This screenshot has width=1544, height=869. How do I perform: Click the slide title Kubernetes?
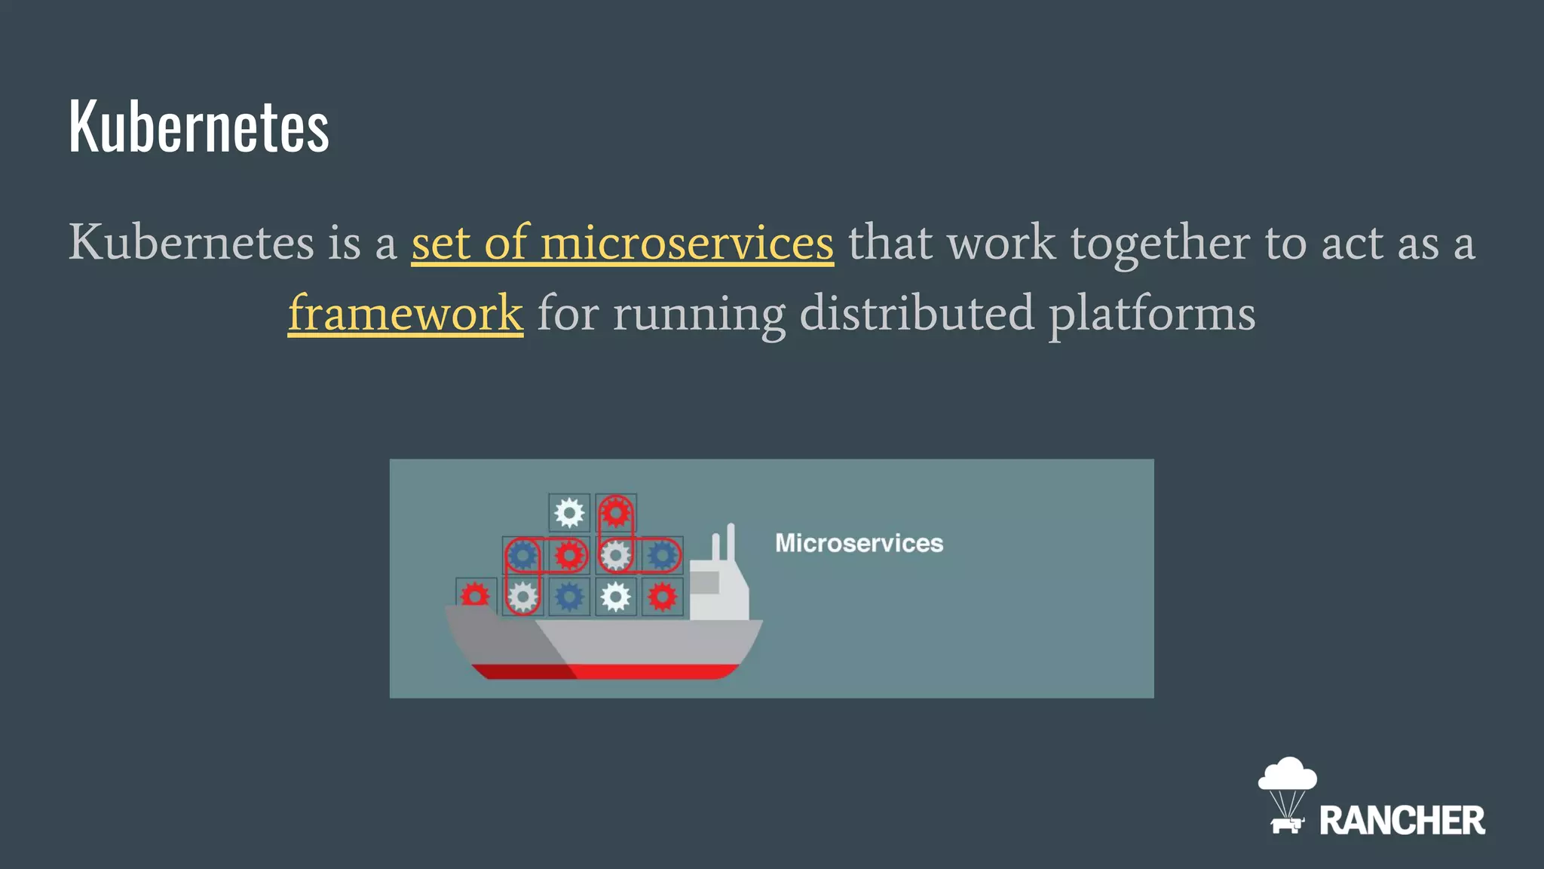coord(199,126)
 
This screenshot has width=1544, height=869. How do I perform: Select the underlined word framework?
coord(406,313)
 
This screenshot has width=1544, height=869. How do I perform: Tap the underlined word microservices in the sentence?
coord(687,243)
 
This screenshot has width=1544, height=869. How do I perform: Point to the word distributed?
coord(917,313)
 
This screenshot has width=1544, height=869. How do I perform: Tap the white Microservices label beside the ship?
coord(859,543)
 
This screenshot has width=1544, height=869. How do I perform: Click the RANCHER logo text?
coord(1402,821)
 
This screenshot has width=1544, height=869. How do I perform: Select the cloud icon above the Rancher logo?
coord(1288,775)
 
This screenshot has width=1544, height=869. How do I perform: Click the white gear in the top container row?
coord(569,514)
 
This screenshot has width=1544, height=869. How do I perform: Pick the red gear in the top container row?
coord(616,513)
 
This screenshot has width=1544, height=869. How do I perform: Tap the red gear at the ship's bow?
coord(475,596)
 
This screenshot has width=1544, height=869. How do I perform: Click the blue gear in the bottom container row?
coord(569,597)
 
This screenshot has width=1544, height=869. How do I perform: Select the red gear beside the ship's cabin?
coord(663,597)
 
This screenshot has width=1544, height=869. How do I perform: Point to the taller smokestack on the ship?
coord(731,542)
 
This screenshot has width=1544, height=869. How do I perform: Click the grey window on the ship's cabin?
coord(705,582)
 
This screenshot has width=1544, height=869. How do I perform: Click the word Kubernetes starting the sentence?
coord(191,243)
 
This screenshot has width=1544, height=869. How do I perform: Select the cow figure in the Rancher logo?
coord(1287,824)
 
